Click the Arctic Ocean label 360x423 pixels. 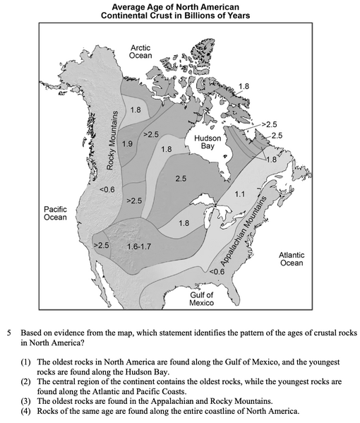click(x=140, y=50)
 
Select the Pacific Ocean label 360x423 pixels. click(x=55, y=213)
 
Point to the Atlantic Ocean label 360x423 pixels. click(x=291, y=258)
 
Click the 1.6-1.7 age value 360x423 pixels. click(x=138, y=247)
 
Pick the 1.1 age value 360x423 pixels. click(x=239, y=193)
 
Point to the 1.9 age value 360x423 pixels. click(x=127, y=144)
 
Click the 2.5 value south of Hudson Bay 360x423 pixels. click(x=181, y=179)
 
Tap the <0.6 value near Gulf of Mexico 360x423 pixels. click(x=217, y=270)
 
